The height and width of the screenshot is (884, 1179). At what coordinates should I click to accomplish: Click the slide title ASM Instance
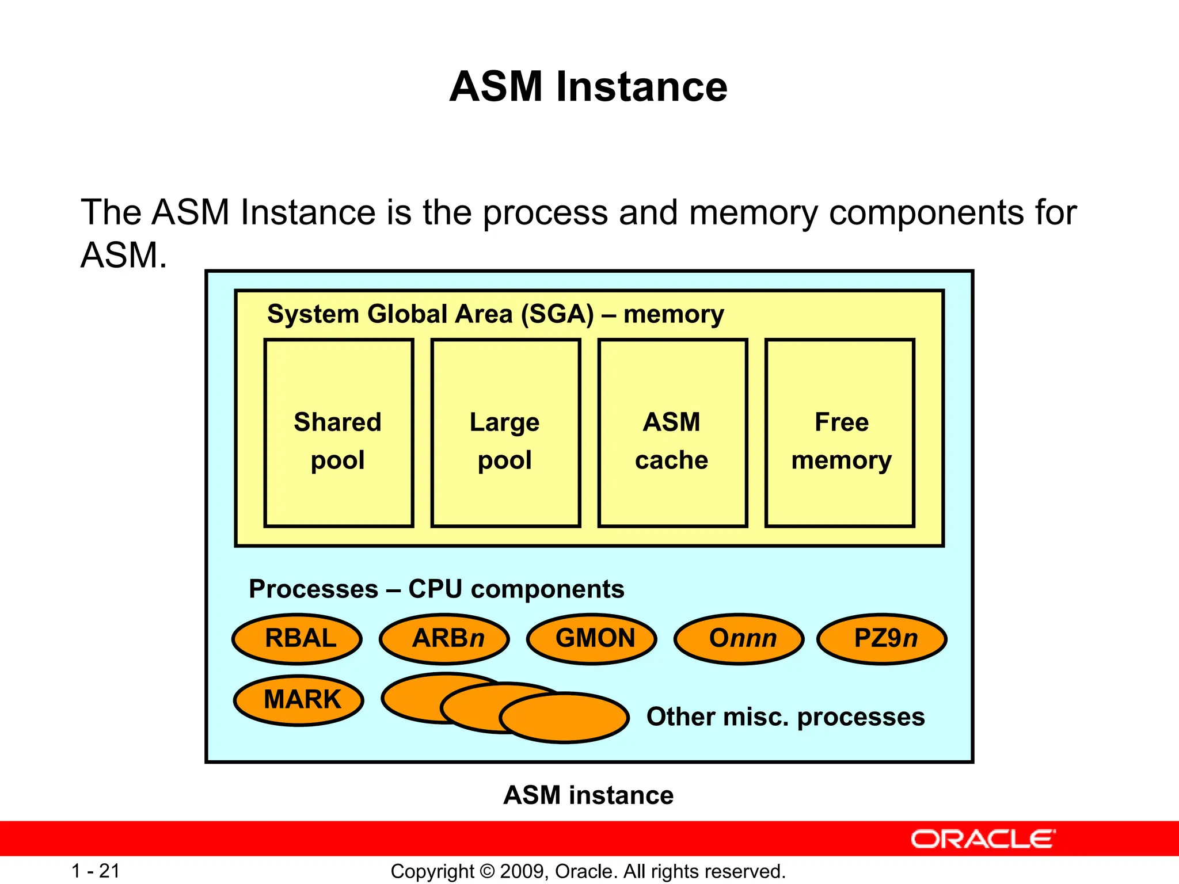(x=588, y=87)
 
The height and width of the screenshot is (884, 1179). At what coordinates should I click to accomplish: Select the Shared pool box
(x=339, y=433)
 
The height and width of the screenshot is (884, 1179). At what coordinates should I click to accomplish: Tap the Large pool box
(x=505, y=433)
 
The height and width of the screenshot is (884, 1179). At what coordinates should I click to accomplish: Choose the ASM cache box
(x=672, y=433)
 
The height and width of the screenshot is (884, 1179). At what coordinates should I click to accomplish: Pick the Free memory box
(x=840, y=433)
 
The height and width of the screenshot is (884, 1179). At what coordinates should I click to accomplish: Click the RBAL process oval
(x=297, y=639)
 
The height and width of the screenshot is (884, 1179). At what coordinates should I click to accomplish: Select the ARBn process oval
(x=444, y=639)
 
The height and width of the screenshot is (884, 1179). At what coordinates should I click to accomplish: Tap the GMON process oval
(x=592, y=639)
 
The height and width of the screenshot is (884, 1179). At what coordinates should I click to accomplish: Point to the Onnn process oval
(x=739, y=639)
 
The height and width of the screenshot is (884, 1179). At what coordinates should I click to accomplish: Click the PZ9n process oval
(x=882, y=639)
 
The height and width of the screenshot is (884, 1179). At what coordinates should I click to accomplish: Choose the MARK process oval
(x=299, y=700)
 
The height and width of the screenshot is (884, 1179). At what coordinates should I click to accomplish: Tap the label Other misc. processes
(x=785, y=717)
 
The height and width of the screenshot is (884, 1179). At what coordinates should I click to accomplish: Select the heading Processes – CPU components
(x=436, y=589)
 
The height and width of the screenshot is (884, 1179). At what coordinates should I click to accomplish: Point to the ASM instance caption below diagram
(x=588, y=795)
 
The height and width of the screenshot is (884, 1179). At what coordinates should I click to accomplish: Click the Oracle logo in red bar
(x=983, y=839)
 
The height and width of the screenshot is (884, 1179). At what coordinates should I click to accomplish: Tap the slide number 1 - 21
(x=96, y=871)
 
